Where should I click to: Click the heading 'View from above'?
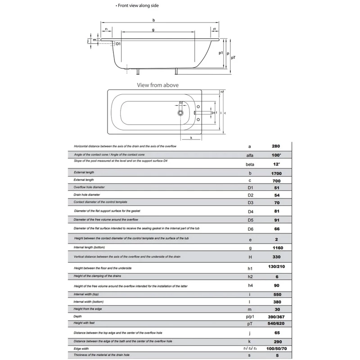(163, 84)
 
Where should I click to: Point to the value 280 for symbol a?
(276, 146)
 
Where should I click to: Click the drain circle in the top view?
(180, 113)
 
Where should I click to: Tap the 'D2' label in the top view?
(180, 103)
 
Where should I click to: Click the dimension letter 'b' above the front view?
(153, 20)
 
